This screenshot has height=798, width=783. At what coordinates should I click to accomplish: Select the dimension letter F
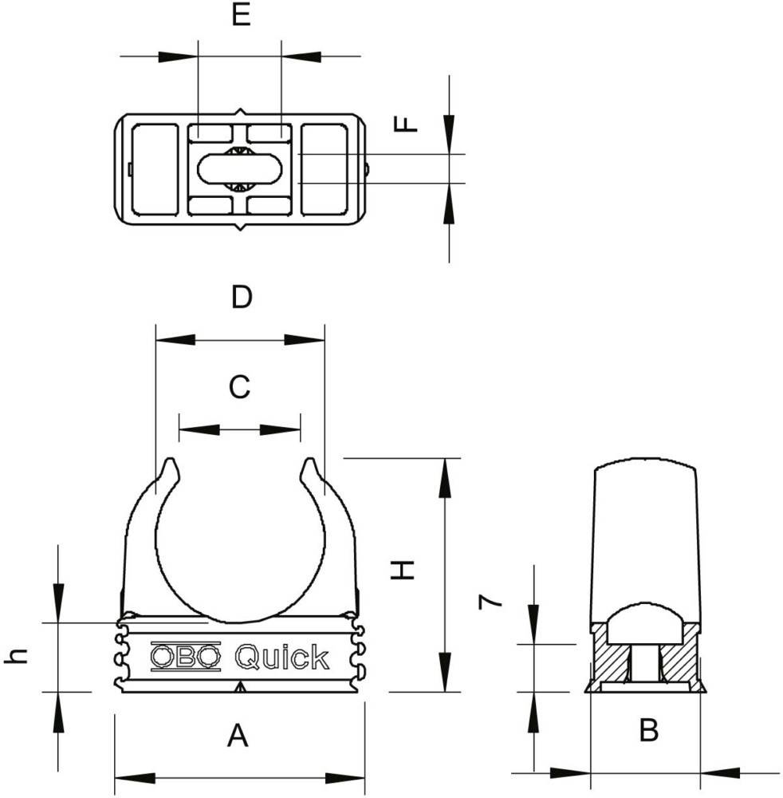407,124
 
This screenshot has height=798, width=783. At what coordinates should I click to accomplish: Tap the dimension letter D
241,298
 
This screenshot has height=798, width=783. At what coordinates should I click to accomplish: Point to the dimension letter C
239,387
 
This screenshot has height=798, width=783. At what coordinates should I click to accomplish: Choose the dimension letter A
238,736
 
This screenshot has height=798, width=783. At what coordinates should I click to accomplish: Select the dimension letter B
649,730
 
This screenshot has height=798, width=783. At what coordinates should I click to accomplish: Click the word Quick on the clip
281,657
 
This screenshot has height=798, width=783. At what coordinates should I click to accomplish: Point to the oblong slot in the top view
238,168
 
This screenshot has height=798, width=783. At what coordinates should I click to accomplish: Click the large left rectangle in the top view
155,168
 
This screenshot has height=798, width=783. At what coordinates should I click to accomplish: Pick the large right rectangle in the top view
323,168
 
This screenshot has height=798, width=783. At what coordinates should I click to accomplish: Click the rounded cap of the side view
646,527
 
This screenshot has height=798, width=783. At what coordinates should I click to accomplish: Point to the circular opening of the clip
239,543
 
